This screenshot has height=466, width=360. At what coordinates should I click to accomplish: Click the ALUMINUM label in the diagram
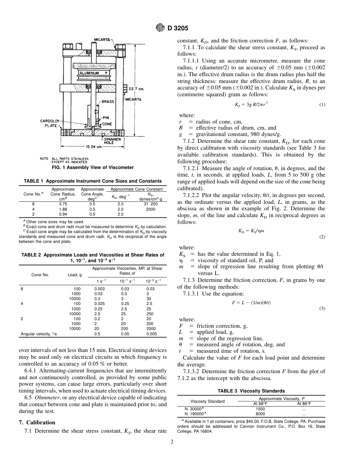(x=89, y=72)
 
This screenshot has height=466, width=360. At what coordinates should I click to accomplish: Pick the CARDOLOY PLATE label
(x=49, y=124)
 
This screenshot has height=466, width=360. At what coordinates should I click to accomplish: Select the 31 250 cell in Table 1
(x=151, y=204)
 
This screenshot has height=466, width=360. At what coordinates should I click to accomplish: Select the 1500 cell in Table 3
(x=260, y=409)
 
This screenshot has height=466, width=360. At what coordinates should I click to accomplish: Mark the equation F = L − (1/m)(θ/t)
(x=251, y=303)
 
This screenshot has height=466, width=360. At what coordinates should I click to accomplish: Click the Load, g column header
(x=75, y=275)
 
